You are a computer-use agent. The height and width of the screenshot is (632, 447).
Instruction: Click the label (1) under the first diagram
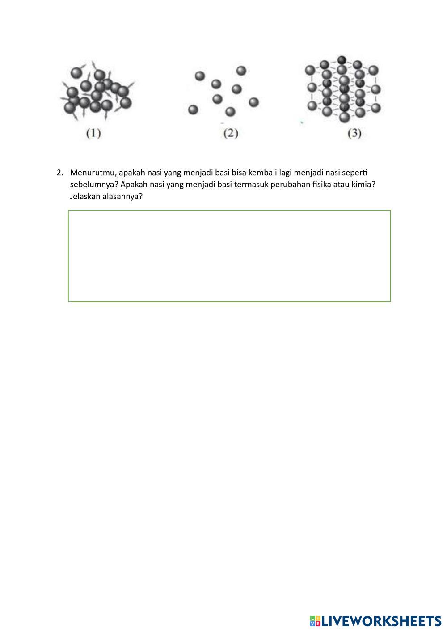click(x=93, y=133)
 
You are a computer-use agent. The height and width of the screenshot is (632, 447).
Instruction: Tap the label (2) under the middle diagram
click(x=230, y=133)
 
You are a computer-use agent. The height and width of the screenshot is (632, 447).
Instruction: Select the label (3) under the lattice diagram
click(x=354, y=133)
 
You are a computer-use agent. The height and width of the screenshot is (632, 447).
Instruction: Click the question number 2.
click(x=59, y=173)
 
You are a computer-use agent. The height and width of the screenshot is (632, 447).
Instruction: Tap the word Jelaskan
click(x=85, y=196)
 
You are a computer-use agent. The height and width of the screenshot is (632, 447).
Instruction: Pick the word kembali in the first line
click(x=257, y=173)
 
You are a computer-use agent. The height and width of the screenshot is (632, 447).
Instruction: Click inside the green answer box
click(x=229, y=256)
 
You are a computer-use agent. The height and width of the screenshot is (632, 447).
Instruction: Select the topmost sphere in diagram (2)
click(x=241, y=71)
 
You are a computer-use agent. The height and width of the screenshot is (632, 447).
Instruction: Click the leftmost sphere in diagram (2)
click(x=193, y=109)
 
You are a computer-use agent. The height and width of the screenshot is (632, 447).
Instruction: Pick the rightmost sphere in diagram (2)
click(x=254, y=102)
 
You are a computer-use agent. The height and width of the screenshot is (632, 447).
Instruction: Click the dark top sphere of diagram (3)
click(x=342, y=60)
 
